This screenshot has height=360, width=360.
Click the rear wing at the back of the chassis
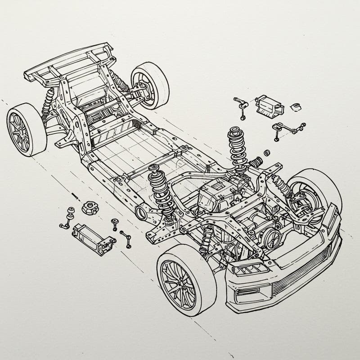pyautogui.click(x=67, y=63)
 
